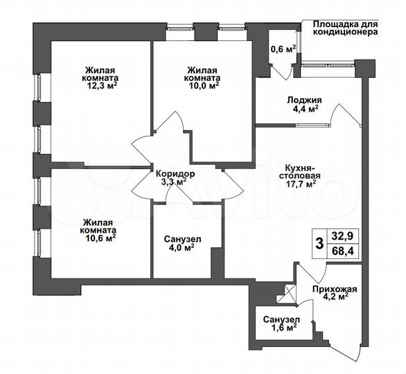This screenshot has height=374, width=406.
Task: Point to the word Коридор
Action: click(x=175, y=173)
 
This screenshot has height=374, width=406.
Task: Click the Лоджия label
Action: click(x=303, y=99)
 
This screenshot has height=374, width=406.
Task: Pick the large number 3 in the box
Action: click(x=319, y=243)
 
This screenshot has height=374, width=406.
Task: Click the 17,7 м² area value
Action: click(x=302, y=184)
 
